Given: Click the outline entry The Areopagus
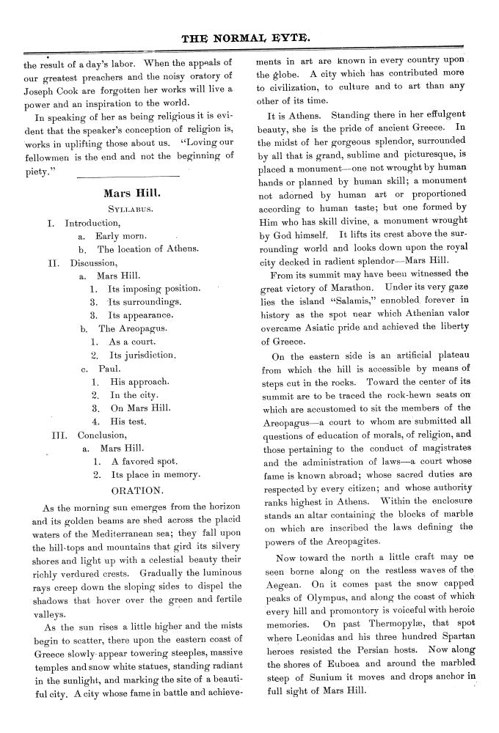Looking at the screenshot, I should coord(136,328).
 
